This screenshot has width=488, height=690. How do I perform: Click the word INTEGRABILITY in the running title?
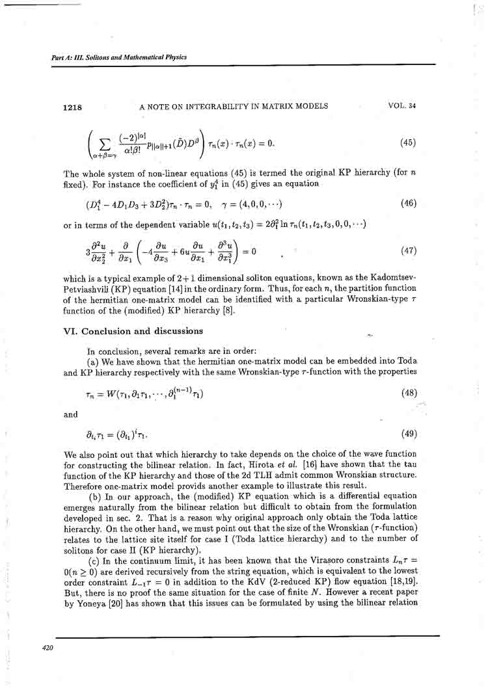pos(217,107)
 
